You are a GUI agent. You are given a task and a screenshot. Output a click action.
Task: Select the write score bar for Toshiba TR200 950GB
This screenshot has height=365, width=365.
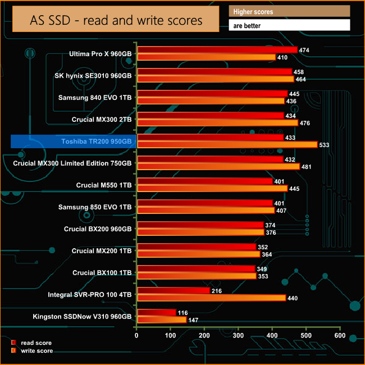pyautogui.click(x=227, y=144)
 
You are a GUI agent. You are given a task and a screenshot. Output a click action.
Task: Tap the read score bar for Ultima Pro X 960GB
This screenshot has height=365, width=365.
pyautogui.click(x=217, y=50)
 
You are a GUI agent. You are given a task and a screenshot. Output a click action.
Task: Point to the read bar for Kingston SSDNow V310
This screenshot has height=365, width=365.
pyautogui.click(x=157, y=312)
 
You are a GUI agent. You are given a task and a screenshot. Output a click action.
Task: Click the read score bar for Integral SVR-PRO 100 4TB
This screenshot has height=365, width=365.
pyautogui.click(x=173, y=290)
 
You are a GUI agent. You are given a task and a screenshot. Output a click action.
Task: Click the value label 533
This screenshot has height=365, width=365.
pyautogui.click(x=324, y=145)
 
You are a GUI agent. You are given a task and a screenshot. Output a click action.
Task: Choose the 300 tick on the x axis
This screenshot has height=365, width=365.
pyautogui.click(x=238, y=335)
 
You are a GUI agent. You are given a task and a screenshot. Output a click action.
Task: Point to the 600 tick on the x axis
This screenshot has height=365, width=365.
pyautogui.click(x=339, y=335)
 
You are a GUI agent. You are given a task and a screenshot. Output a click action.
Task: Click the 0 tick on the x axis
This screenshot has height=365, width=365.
pyautogui.click(x=136, y=335)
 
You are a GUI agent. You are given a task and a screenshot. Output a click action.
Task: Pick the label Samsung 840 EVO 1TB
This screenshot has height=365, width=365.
pyautogui.click(x=95, y=97)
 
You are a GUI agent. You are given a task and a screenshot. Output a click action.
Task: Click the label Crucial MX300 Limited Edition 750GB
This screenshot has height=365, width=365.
pyautogui.click(x=72, y=163)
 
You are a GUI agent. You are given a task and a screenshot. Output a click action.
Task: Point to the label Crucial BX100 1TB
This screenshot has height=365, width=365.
pyautogui.click(x=102, y=272)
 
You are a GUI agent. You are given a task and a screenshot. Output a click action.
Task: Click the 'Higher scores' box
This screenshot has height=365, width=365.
pyautogui.click(x=289, y=11)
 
